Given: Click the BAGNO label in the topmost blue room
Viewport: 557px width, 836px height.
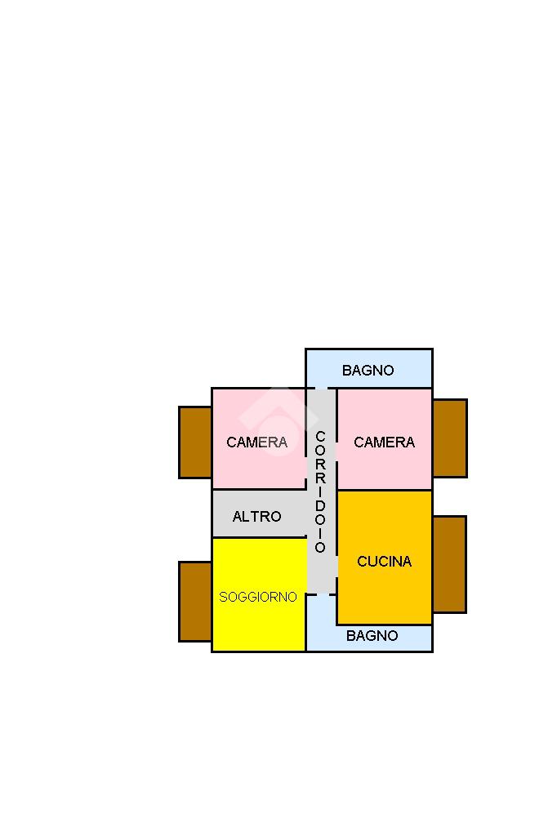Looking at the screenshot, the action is coord(368,370).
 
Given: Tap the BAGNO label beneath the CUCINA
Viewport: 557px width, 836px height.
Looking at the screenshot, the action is coord(372,635).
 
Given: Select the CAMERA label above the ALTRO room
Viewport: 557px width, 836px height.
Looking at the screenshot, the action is coord(256,442).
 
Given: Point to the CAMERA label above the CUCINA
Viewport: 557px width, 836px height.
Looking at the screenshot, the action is coord(384,442).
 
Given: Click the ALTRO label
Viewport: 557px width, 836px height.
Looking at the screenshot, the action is coord(256,516).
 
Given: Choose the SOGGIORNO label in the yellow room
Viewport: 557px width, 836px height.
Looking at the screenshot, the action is coord(258,597).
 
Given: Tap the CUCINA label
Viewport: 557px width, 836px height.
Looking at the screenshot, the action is coord(384,561).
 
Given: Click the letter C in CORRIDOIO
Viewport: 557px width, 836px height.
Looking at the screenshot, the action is coord(320,437).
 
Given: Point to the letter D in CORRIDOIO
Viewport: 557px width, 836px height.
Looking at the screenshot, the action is coord(320,505).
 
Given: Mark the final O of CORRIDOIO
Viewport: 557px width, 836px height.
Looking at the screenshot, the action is coord(320,548).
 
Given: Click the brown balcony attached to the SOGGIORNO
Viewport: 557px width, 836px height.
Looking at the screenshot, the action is coord(195,602).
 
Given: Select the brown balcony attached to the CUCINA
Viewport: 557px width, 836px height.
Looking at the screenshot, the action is coord(449,564).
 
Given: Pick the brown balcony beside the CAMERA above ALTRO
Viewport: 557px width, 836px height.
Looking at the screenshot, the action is coord(195,442).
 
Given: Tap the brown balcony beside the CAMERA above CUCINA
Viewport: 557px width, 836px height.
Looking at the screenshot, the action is coord(450,438).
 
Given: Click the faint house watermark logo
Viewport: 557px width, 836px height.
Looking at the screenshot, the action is coord(278,421).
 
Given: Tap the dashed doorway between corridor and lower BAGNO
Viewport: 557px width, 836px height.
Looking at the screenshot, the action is coord(321,594).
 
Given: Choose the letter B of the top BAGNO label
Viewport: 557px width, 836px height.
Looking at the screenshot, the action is coord(347,370).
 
